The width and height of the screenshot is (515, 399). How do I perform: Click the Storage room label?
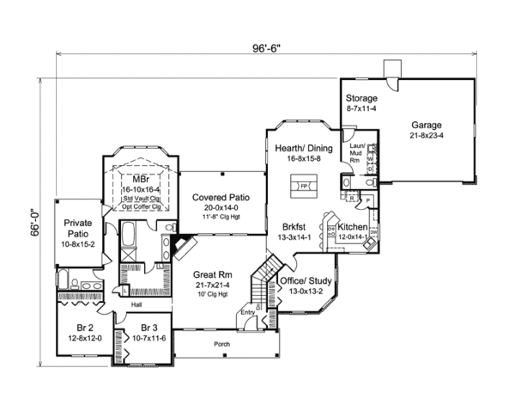[361, 98]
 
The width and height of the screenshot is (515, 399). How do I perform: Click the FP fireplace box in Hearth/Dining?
[303, 185]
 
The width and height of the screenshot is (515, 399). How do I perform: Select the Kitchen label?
[352, 226]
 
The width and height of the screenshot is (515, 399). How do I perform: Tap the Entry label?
[249, 313]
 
